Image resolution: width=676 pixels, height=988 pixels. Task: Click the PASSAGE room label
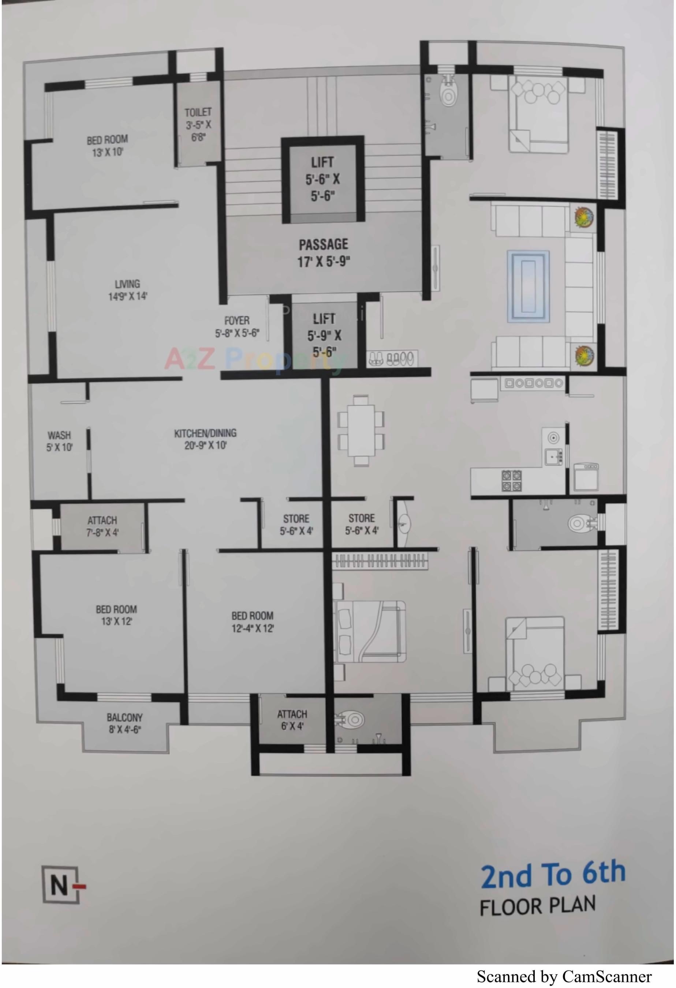point(323,244)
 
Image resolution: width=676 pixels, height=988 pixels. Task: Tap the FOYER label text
point(237,320)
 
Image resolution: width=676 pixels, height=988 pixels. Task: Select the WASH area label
point(59,435)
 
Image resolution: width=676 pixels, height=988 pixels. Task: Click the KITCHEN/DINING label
point(205,433)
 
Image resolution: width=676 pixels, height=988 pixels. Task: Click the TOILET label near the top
point(198,112)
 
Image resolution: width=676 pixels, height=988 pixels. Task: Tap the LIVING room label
point(127,284)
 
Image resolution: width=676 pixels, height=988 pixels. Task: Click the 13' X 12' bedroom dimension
point(116,621)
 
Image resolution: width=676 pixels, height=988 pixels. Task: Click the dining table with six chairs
point(361,430)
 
